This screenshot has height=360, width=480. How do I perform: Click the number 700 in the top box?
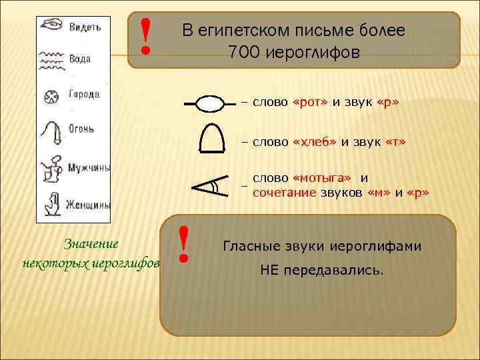click(x=242, y=52)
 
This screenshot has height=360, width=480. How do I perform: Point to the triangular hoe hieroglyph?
click(x=208, y=184)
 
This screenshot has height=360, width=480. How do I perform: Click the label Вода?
click(x=80, y=59)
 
